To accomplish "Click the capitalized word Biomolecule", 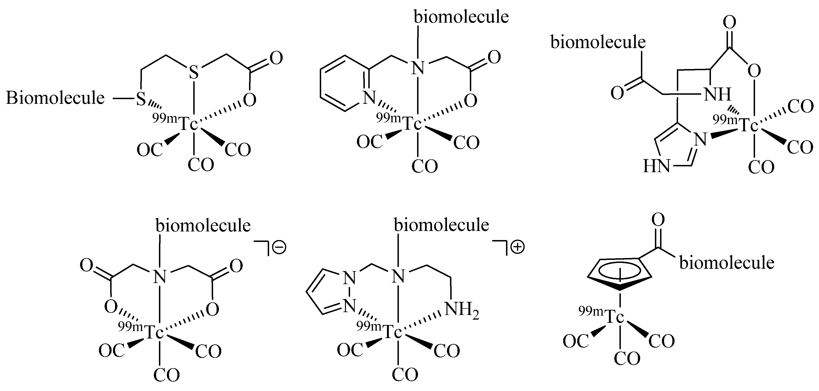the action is point(55,98).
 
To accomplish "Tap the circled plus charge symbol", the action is point(517,247).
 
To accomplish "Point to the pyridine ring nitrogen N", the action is point(369,98).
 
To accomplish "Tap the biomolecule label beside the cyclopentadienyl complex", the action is point(727,263).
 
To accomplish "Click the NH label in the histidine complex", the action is point(717,94).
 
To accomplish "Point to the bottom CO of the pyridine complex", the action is point(425,166).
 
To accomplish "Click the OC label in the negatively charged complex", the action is point(111,351).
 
